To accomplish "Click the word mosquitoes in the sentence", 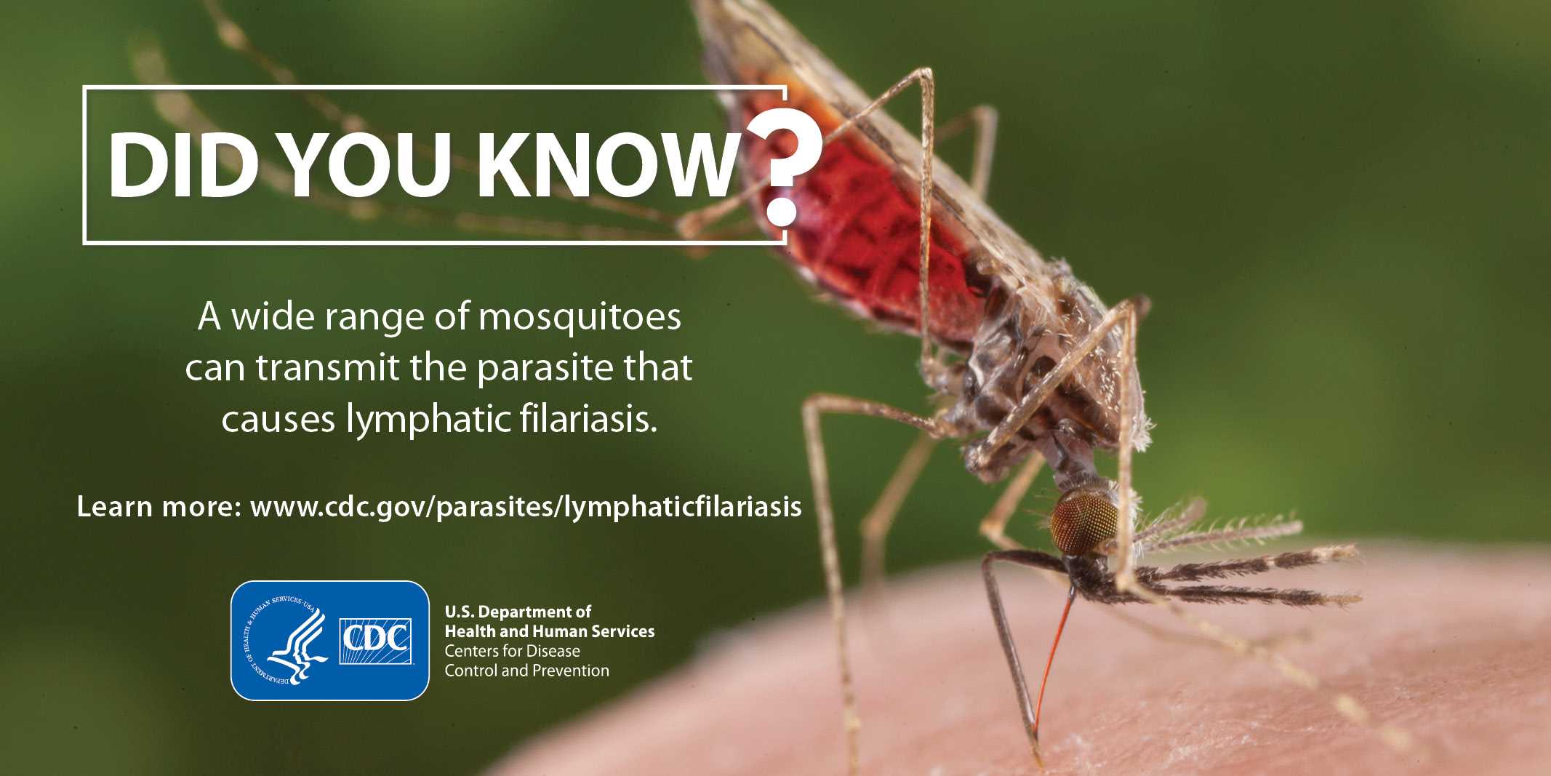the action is [x=580, y=319].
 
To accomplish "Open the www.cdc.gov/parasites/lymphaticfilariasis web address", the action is [x=526, y=507].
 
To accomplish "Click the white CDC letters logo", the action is [x=376, y=641].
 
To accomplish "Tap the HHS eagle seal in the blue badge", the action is [x=288, y=641].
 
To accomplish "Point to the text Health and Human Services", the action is [x=550, y=631].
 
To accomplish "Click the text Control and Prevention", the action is [x=527, y=671].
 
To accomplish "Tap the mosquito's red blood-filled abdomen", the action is [x=865, y=218].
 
